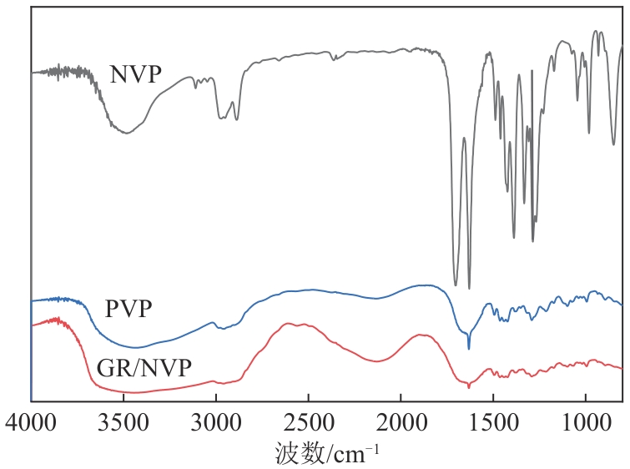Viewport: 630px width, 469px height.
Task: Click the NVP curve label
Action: [x=135, y=75]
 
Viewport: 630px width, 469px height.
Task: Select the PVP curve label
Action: [x=129, y=309]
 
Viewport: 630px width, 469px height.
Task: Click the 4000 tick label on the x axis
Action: [x=31, y=421]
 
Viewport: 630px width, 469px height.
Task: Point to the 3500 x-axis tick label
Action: [x=123, y=421]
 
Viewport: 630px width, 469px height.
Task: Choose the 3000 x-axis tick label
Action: [x=216, y=421]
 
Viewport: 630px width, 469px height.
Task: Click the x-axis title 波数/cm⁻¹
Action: [x=327, y=452]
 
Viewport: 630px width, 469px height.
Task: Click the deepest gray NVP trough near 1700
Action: [x=455, y=285]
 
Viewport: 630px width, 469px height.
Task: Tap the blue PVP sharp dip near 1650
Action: [x=469, y=348]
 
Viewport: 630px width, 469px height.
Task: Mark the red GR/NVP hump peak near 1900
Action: [x=421, y=335]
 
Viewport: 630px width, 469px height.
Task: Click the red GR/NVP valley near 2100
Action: [x=377, y=361]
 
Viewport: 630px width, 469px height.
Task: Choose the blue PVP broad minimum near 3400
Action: [x=138, y=347]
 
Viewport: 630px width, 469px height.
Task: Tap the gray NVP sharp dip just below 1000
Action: [x=589, y=133]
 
